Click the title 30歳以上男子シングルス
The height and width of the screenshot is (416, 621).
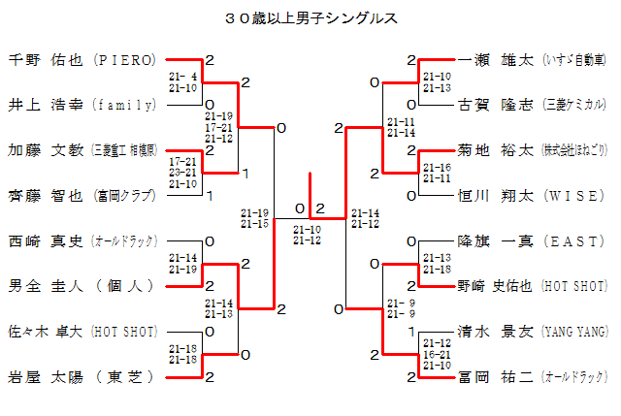(x=310, y=17)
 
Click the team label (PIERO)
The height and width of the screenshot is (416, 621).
(x=124, y=60)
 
